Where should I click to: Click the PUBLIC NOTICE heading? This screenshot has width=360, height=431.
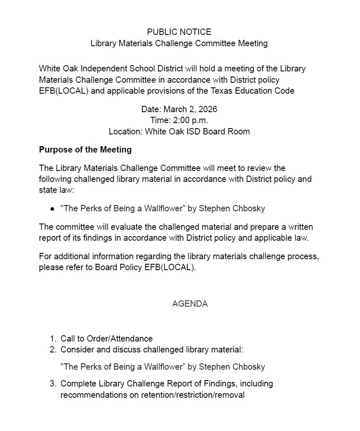[x=179, y=32]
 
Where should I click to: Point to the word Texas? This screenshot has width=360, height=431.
[x=219, y=90]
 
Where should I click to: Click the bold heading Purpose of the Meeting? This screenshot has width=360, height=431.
[x=85, y=150]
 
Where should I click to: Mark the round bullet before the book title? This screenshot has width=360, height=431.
[x=52, y=208]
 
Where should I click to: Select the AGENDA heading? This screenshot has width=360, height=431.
[x=190, y=304]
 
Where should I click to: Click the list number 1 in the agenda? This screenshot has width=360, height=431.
[x=53, y=339]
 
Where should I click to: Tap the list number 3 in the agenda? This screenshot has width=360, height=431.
[x=53, y=384]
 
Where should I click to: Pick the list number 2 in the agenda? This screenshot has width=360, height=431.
[x=53, y=350]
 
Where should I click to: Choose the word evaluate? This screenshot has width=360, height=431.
[x=125, y=227]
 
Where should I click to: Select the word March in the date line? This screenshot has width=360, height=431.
[x=175, y=109]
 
